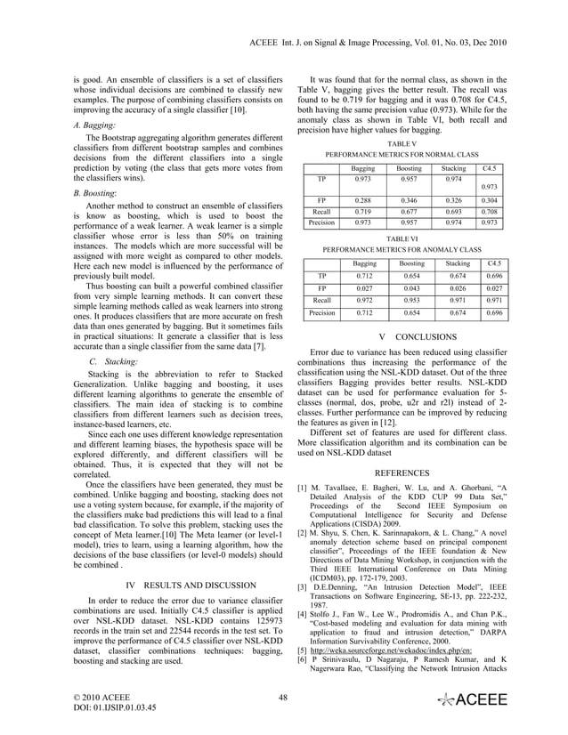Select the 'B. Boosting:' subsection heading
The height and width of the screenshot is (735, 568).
click(x=96, y=191)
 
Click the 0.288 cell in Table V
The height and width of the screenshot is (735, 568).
click(x=362, y=201)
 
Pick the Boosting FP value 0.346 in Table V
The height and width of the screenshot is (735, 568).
click(x=409, y=201)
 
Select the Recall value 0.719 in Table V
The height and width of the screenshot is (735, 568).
click(x=362, y=213)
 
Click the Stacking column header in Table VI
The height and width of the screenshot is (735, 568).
click(x=458, y=263)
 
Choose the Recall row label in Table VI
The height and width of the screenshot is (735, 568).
click(x=322, y=302)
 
